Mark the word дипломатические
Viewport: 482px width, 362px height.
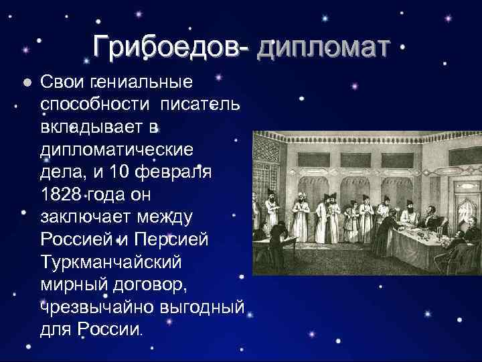(117, 149)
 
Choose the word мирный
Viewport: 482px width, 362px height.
(74, 284)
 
